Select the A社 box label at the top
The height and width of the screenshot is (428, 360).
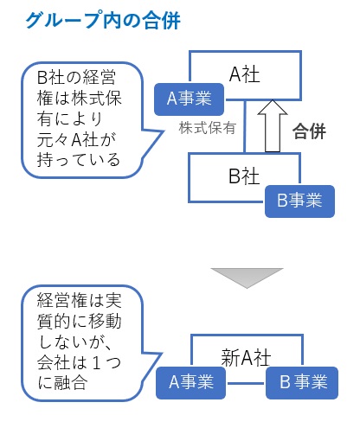point(244,74)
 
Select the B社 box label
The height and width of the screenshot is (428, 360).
point(244,176)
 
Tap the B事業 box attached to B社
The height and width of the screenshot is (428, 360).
point(299,200)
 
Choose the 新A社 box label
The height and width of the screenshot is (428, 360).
point(244,355)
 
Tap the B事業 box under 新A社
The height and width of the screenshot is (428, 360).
point(299,380)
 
